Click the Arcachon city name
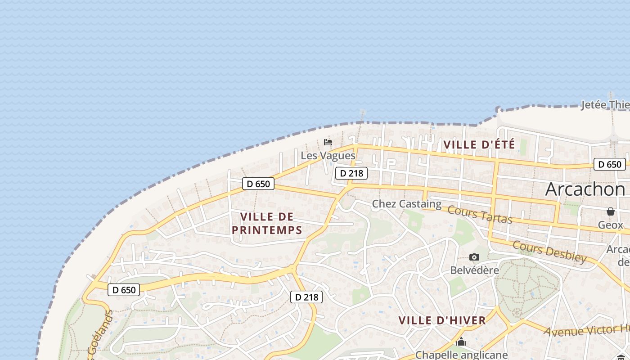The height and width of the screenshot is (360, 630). point(585,189)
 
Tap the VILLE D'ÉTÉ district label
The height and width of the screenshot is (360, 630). point(479,145)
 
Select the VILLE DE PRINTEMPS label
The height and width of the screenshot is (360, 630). point(267,223)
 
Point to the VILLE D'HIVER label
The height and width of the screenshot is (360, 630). point(442,320)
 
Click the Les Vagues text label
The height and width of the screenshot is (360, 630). point(328,156)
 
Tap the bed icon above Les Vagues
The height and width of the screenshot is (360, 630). point(328,142)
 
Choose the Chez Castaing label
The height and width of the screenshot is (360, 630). point(407,204)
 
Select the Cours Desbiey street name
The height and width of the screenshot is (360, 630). point(549,252)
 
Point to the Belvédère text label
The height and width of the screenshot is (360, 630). point(475,270)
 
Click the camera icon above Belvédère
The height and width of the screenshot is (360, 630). point(474,257)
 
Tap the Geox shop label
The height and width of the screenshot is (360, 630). point(611,225)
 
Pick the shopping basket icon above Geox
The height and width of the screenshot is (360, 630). point(611,211)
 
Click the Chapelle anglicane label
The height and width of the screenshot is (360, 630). point(461,355)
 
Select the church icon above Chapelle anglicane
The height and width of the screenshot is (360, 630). point(461,342)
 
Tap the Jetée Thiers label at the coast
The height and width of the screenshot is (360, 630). point(605,105)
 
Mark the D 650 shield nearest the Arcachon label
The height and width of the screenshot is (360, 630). point(610,164)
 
